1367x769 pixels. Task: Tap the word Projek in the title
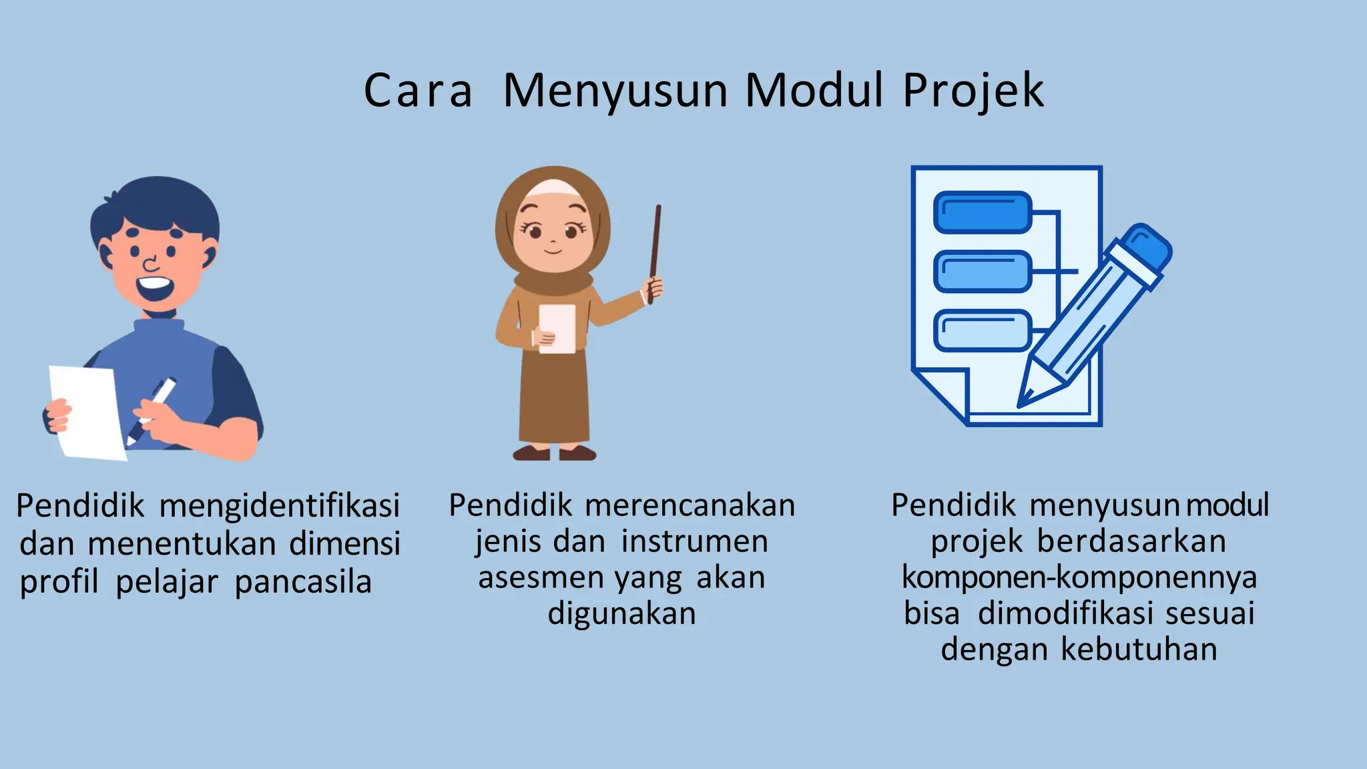pyautogui.click(x=973, y=91)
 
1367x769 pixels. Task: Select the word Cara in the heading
pyautogui.click(x=418, y=91)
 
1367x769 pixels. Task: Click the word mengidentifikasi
pyautogui.click(x=280, y=505)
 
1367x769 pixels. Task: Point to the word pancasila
pyautogui.click(x=303, y=581)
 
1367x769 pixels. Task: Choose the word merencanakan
pyautogui.click(x=690, y=505)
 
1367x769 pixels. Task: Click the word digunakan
pyautogui.click(x=621, y=613)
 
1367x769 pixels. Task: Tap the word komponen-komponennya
pyautogui.click(x=1079, y=577)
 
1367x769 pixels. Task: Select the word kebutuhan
pyautogui.click(x=1139, y=649)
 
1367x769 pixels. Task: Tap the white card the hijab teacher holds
pyautogui.click(x=557, y=328)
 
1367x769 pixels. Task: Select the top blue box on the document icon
pyautogui.click(x=982, y=212)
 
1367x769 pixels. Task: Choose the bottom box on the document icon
pyautogui.click(x=982, y=330)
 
